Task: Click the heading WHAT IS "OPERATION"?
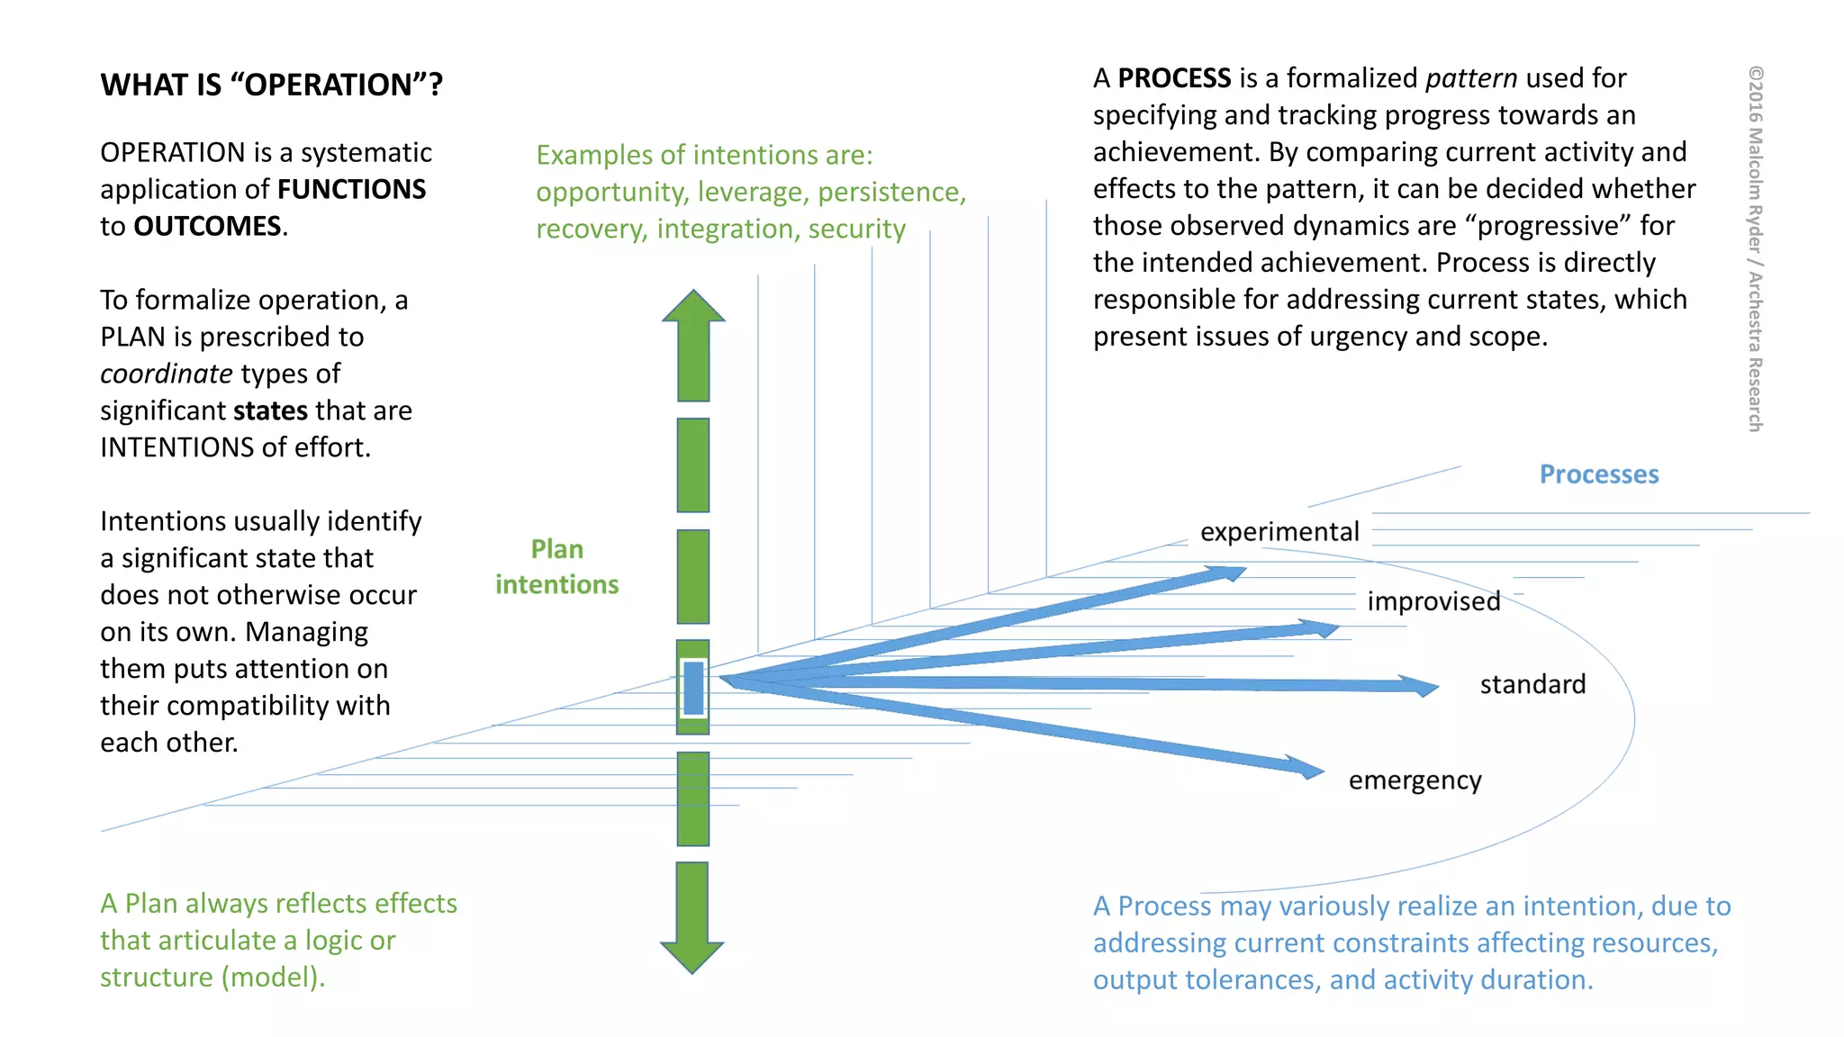click(271, 85)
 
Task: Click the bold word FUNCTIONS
click(351, 189)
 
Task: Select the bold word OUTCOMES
click(207, 226)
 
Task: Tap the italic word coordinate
click(167, 374)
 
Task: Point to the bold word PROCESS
click(1174, 78)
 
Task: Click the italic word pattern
click(1471, 78)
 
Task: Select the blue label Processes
click(1598, 474)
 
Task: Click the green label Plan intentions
click(556, 567)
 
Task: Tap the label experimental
click(1279, 532)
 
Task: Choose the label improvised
click(1433, 601)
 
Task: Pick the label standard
click(1532, 685)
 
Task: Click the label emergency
click(1415, 780)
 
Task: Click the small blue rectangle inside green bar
click(693, 688)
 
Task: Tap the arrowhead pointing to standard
click(1422, 687)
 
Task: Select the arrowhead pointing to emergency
click(1306, 768)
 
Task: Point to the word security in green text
click(856, 230)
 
